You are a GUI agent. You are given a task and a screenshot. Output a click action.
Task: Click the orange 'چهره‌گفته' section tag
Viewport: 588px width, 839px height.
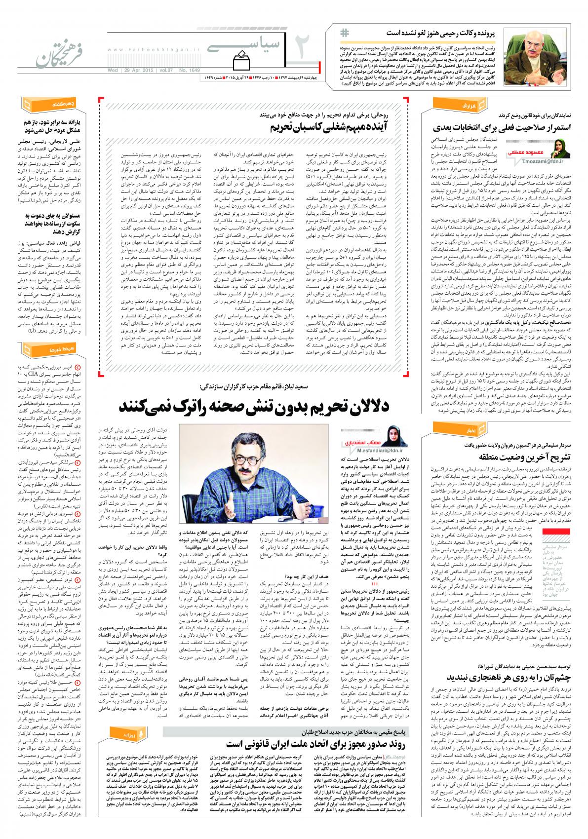pos(47,105)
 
